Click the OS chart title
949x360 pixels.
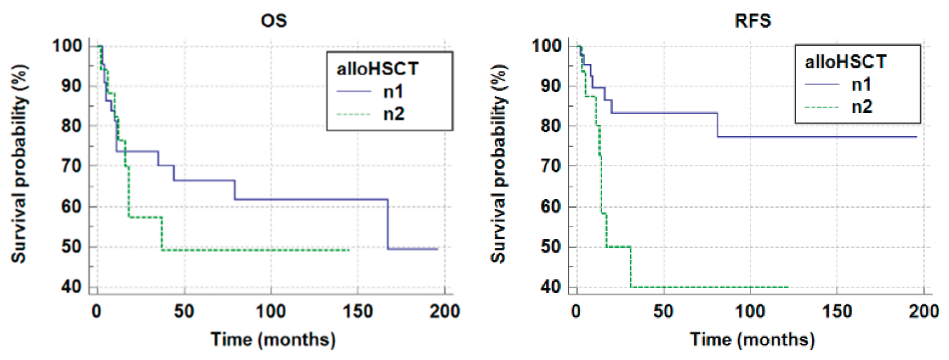[x=273, y=21]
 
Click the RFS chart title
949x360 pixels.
[x=753, y=21]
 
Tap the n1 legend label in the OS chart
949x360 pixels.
[x=393, y=92]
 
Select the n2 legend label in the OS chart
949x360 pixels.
[x=394, y=114]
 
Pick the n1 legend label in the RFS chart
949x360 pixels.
[x=861, y=85]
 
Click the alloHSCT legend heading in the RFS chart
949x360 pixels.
[x=845, y=62]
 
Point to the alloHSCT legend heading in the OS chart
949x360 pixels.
[x=377, y=69]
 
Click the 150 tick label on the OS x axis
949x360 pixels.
[x=358, y=311]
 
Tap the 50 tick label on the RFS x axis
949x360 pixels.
[x=663, y=311]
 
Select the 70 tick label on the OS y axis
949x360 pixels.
[x=71, y=166]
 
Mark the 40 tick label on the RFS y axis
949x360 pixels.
[x=551, y=286]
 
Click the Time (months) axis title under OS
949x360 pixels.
[x=273, y=340]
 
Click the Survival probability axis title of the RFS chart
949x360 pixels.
[x=499, y=165]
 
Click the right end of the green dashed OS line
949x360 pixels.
[x=348, y=250]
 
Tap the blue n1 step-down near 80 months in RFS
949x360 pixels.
[x=717, y=125]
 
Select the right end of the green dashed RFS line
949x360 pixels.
[x=787, y=287]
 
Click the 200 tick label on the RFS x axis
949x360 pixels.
[x=924, y=311]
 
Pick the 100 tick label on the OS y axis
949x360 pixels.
[x=67, y=46]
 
